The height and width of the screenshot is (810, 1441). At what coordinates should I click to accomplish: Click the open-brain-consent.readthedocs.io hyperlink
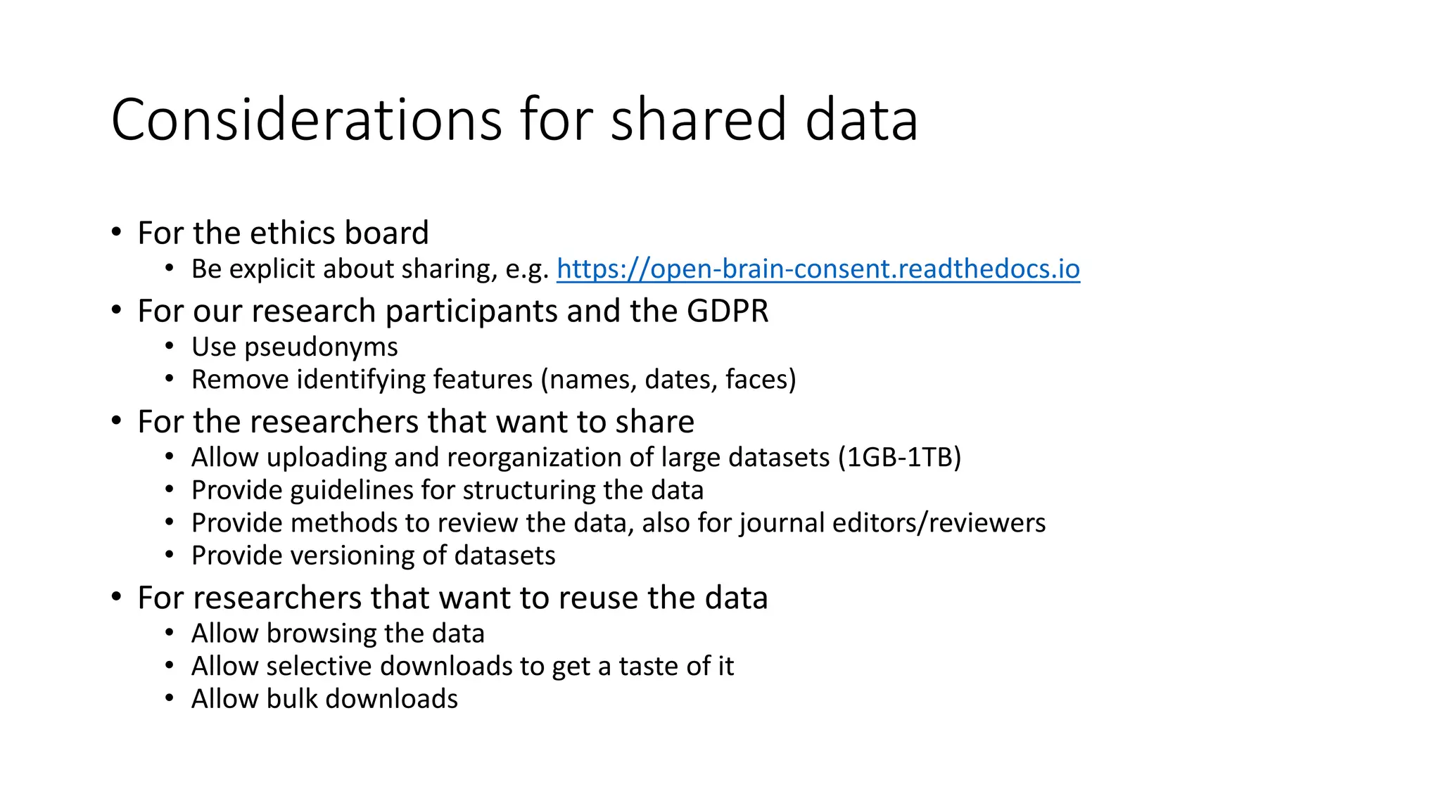(818, 269)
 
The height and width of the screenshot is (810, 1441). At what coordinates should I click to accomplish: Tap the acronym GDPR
(728, 311)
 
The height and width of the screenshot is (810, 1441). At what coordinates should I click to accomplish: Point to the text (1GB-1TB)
(899, 458)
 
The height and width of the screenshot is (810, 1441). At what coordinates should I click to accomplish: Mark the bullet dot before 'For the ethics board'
(117, 232)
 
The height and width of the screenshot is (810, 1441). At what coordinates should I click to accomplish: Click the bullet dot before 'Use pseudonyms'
(170, 347)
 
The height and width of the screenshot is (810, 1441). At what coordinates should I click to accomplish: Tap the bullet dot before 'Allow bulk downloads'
(170, 699)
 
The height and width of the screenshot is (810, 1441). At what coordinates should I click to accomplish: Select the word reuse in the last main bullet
(598, 598)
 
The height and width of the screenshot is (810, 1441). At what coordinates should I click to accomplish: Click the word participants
(471, 311)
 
